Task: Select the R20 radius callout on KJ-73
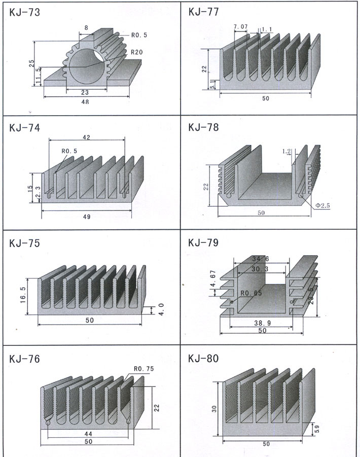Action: pyautogui.click(x=136, y=52)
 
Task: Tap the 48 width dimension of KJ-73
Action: pyautogui.click(x=85, y=101)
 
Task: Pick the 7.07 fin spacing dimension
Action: pyautogui.click(x=241, y=26)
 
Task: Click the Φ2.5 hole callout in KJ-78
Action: pyautogui.click(x=322, y=205)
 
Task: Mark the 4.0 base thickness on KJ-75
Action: pyautogui.click(x=161, y=309)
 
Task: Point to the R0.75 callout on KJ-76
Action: pyautogui.click(x=143, y=369)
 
